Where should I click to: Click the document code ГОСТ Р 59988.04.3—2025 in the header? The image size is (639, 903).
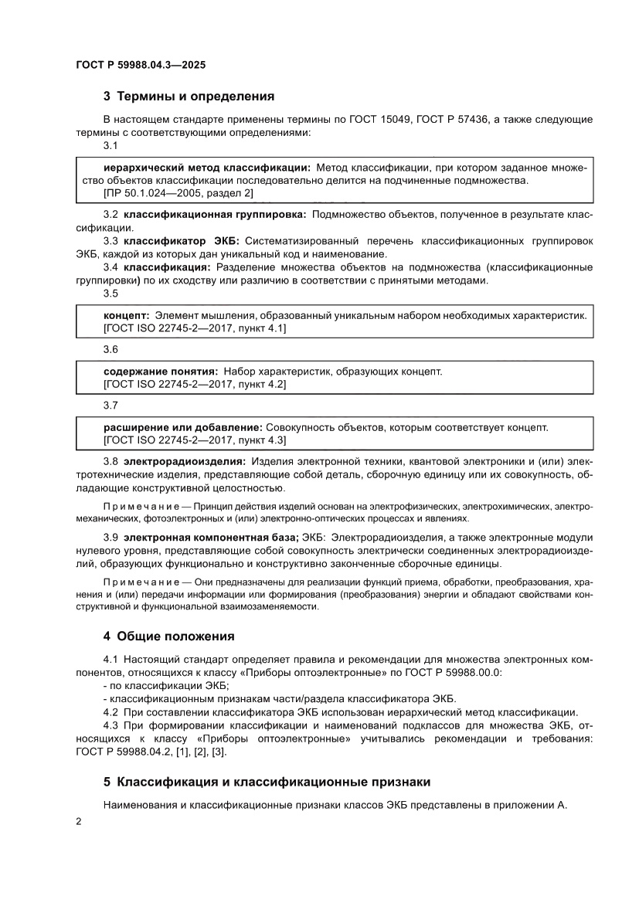(141, 65)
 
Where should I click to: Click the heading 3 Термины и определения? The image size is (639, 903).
(189, 97)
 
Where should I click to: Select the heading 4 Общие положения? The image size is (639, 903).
(168, 637)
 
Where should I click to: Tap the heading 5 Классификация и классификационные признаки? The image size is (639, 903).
(267, 782)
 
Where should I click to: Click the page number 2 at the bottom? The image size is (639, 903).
(79, 822)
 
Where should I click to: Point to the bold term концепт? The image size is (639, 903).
(126, 315)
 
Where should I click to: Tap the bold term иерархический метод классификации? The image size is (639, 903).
(207, 167)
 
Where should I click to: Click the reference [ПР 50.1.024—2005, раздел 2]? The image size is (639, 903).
(178, 192)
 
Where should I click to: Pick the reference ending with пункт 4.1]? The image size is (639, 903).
(195, 328)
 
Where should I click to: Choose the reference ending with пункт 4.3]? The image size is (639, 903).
(195, 440)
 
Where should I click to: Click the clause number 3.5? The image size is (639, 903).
(110, 294)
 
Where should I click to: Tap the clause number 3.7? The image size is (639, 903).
(110, 405)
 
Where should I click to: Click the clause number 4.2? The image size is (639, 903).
(110, 711)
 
